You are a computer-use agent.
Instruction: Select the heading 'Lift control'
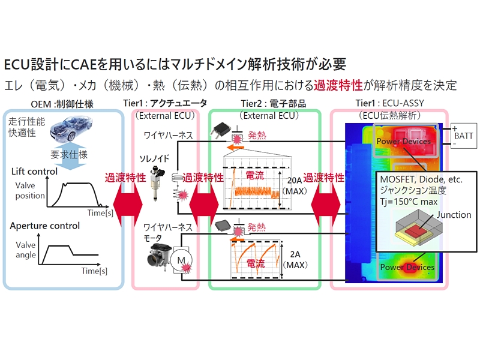point(34,172)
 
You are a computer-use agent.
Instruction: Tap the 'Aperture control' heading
point(45,226)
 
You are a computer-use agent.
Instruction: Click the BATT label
point(463,136)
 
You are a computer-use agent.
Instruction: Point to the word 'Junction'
point(454,215)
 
